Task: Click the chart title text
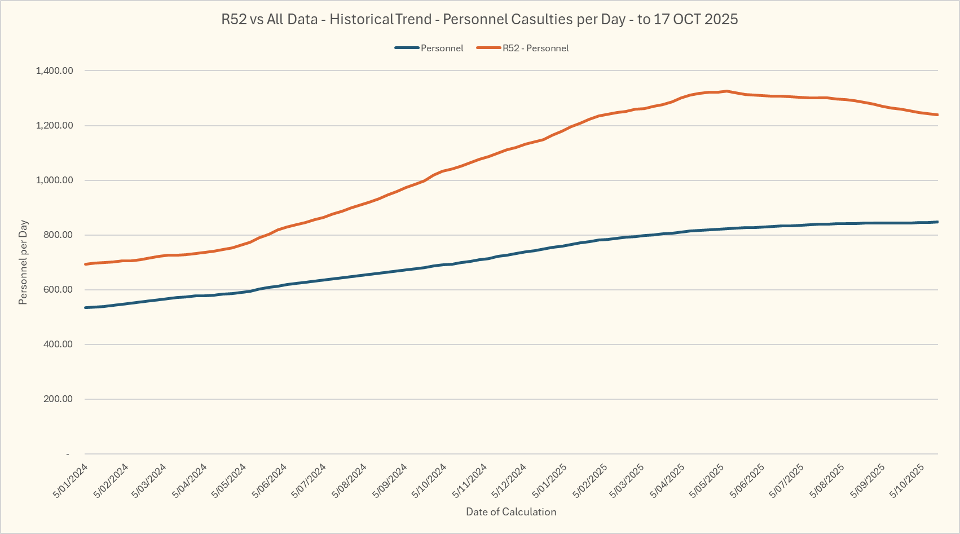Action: coord(479,19)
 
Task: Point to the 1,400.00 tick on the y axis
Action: coord(54,71)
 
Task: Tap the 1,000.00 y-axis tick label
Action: coord(54,180)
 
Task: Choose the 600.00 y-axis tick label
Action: coord(58,290)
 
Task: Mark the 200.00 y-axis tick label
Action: coord(58,399)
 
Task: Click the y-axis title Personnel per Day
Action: coord(23,262)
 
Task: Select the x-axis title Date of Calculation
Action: coord(511,512)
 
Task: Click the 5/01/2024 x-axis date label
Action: coord(71,480)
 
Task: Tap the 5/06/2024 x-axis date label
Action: coord(270,480)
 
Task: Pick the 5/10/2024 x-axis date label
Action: coord(429,480)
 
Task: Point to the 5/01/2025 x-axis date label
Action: coord(549,480)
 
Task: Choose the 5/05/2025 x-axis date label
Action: coord(707,480)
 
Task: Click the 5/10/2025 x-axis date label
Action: coord(907,480)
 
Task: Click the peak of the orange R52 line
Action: coord(726,91)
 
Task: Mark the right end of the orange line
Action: coord(937,115)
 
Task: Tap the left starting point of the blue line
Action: coord(85,307)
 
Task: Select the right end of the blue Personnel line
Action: coord(937,222)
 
